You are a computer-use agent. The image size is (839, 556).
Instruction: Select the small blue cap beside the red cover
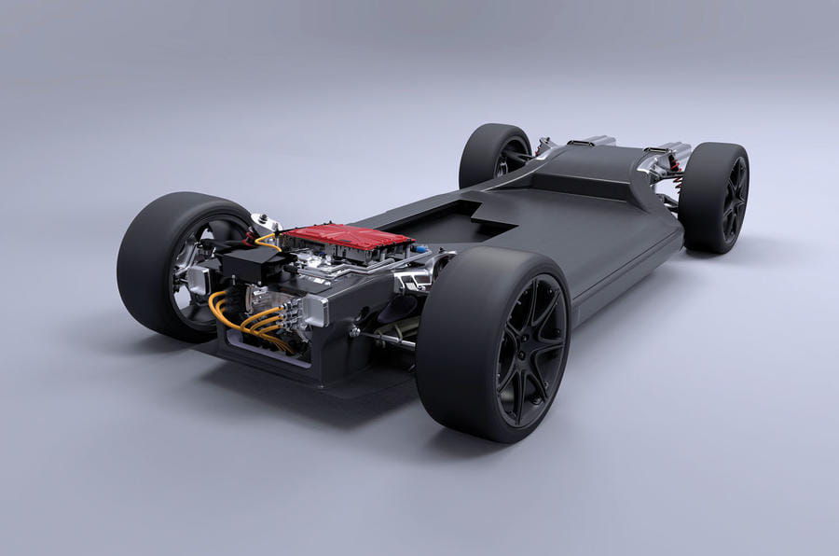pos(422,249)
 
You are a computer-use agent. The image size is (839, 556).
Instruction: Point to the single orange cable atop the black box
pos(266,240)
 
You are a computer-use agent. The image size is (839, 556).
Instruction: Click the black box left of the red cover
pos(250,265)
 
